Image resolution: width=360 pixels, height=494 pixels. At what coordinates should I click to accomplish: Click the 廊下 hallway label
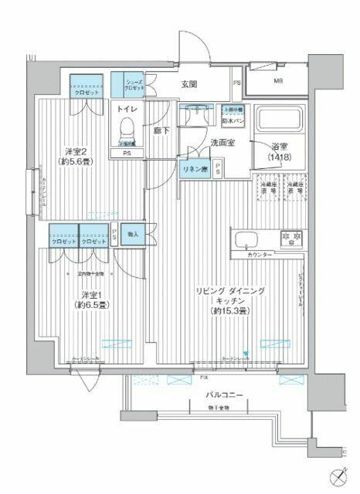pos(161,133)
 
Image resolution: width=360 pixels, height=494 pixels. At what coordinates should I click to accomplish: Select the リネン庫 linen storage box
pos(193,169)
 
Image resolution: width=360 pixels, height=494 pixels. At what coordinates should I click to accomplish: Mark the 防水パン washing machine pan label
pos(233,120)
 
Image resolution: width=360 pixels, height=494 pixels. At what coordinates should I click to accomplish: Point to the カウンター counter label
pos(260,254)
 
